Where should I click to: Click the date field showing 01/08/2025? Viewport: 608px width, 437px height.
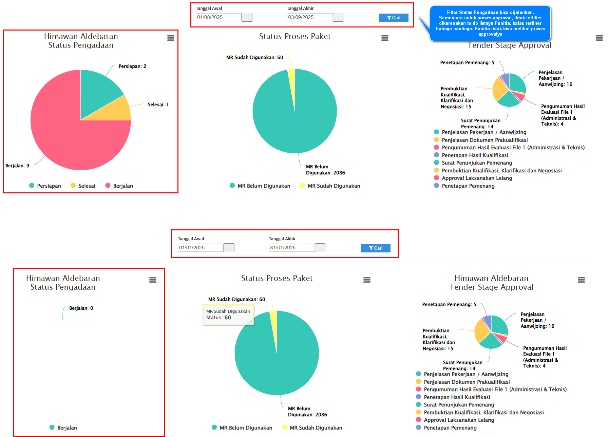pyautogui.click(x=218, y=17)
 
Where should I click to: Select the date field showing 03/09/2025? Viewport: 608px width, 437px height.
pyautogui.click(x=309, y=17)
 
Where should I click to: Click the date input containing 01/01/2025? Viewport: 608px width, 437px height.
pyautogui.click(x=200, y=248)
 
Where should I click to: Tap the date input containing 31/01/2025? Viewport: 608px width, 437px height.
pyautogui.click(x=291, y=248)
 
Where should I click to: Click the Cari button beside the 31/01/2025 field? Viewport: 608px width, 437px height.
pyautogui.click(x=376, y=248)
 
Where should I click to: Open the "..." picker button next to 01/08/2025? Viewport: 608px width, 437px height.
pyautogui.click(x=247, y=17)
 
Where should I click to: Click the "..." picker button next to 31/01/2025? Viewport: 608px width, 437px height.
pyautogui.click(x=320, y=248)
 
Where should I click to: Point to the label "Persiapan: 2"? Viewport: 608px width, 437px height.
pyautogui.click(x=132, y=66)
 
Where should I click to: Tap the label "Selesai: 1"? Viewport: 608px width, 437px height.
pyautogui.click(x=158, y=104)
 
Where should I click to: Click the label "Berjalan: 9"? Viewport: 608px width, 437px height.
pyautogui.click(x=17, y=166)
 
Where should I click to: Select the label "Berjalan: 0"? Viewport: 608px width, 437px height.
pyautogui.click(x=81, y=308)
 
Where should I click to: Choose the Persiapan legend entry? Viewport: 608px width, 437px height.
pyautogui.click(x=45, y=186)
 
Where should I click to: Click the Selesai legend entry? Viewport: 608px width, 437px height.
pyautogui.click(x=83, y=186)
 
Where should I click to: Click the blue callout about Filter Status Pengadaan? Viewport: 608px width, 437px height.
pyautogui.click(x=490, y=23)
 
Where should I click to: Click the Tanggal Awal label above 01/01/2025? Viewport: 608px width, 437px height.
pyautogui.click(x=191, y=239)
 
